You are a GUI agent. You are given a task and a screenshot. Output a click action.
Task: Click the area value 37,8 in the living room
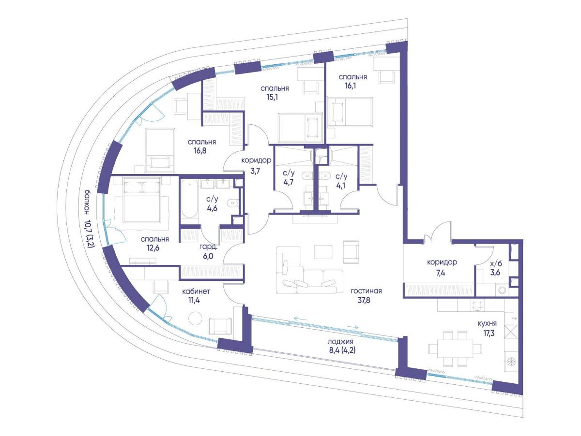(x=364, y=300)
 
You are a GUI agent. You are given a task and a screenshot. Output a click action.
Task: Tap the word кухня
(x=487, y=323)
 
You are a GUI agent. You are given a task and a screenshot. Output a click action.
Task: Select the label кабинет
(x=196, y=291)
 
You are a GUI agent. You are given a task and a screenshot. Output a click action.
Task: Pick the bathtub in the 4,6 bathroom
(x=189, y=199)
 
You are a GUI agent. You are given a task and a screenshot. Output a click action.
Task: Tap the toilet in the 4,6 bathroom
(x=233, y=203)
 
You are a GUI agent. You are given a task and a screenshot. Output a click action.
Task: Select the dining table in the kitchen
(x=455, y=349)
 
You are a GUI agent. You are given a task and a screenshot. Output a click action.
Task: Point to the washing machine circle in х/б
(x=503, y=291)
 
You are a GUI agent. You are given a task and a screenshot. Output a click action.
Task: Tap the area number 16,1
(x=350, y=86)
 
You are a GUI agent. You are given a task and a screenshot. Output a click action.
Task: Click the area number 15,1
(x=273, y=97)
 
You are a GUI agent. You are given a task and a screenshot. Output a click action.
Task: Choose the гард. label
(x=208, y=247)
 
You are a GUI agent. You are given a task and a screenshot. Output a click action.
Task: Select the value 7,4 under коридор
(x=441, y=273)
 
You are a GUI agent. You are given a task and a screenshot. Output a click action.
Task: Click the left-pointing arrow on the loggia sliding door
(x=301, y=319)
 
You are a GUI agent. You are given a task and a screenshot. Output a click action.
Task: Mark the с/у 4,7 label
(x=288, y=177)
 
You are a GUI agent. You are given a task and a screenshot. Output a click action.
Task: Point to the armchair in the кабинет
(x=220, y=326)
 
